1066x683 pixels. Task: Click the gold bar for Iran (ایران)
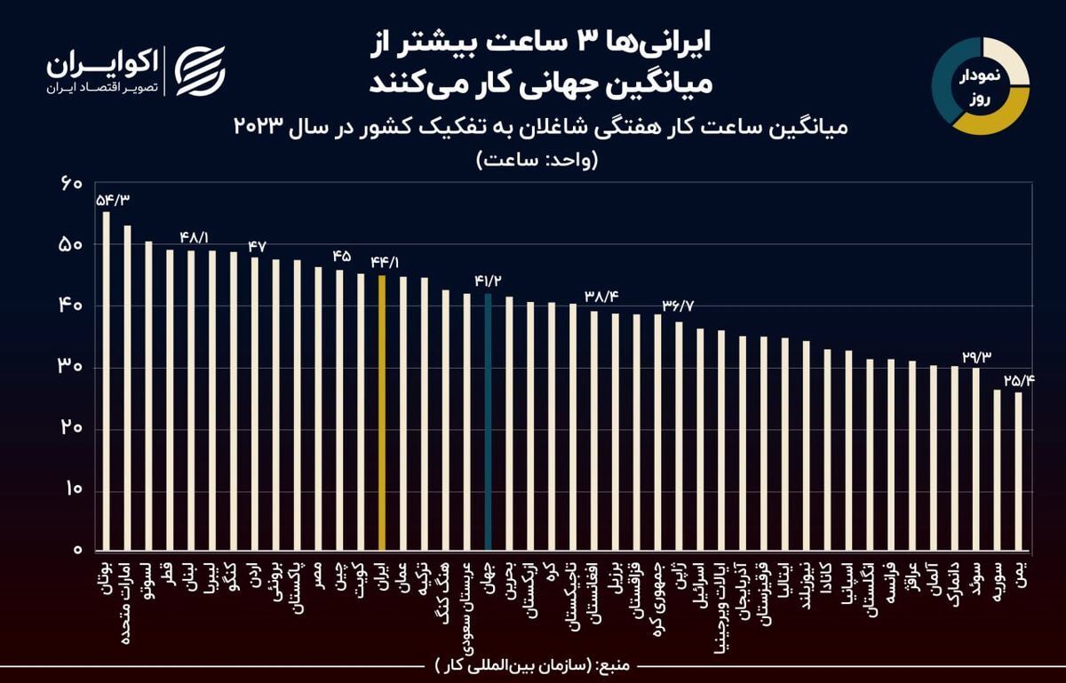point(382,412)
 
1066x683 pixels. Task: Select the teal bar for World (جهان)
point(488,422)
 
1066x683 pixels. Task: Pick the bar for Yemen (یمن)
point(1018,471)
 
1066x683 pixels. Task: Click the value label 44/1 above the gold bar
point(386,264)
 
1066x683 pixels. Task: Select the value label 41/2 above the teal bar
point(489,282)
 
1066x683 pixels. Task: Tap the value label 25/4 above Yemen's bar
point(1020,380)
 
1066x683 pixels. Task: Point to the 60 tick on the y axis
point(70,184)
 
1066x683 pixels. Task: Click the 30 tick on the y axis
point(70,367)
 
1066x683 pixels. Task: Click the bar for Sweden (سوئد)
point(975,458)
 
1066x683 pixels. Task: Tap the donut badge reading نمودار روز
point(980,86)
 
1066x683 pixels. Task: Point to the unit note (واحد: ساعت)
point(537,161)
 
